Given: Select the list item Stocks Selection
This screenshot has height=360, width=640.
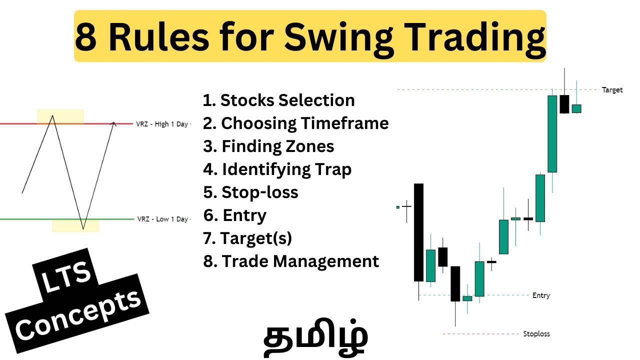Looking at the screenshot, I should pyautogui.click(x=279, y=100).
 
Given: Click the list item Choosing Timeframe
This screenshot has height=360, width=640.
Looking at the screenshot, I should pyautogui.click(x=296, y=123).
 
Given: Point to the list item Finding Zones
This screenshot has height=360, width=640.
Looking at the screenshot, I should pyautogui.click(x=269, y=146).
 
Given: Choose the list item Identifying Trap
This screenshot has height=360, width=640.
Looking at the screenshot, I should pyautogui.click(x=277, y=169).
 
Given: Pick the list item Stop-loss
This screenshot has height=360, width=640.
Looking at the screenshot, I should pyautogui.click(x=251, y=192).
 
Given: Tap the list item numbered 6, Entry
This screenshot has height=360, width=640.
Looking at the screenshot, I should pyautogui.click(x=235, y=215).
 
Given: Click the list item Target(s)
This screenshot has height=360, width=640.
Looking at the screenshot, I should pyautogui.click(x=248, y=238).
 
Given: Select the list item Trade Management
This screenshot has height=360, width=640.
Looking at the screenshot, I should pyautogui.click(x=291, y=261).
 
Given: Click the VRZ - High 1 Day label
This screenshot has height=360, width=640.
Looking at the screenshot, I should pyautogui.click(x=161, y=124).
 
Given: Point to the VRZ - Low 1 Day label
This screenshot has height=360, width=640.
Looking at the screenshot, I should pyautogui.click(x=162, y=219).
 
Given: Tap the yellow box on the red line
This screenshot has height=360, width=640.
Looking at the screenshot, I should pyautogui.click(x=60, y=117).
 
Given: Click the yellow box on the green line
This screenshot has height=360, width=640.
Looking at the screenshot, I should pyautogui.click(x=75, y=225).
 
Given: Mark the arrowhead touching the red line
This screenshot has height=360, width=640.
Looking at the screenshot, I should pyautogui.click(x=114, y=123).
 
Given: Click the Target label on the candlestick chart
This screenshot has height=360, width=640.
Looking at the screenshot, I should pyautogui.click(x=612, y=90).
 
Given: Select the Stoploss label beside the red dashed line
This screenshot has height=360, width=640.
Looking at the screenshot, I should pyautogui.click(x=536, y=333).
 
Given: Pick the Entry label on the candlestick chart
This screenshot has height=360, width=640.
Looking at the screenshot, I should pyautogui.click(x=541, y=295).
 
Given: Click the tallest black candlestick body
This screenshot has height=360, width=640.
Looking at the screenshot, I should pyautogui.click(x=418, y=232).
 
